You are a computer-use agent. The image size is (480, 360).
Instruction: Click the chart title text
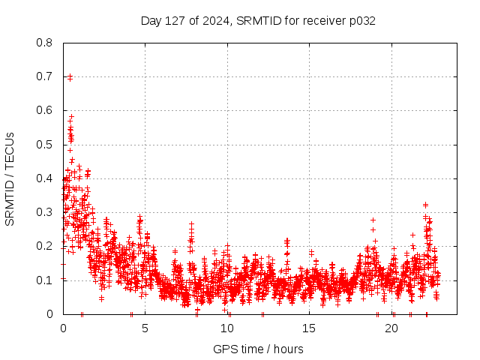[258, 21]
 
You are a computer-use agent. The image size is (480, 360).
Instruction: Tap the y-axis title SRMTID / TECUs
[10, 178]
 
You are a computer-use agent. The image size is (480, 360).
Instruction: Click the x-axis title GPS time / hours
[258, 349]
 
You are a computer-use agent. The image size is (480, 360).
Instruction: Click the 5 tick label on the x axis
[145, 328]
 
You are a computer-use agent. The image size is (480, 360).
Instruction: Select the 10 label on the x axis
[227, 328]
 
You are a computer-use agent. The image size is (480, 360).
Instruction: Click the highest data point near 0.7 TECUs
[70, 76]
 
